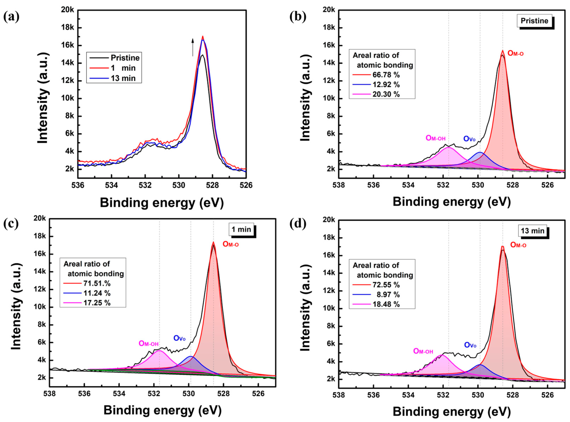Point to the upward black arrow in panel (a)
193,47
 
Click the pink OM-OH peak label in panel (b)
435,138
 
